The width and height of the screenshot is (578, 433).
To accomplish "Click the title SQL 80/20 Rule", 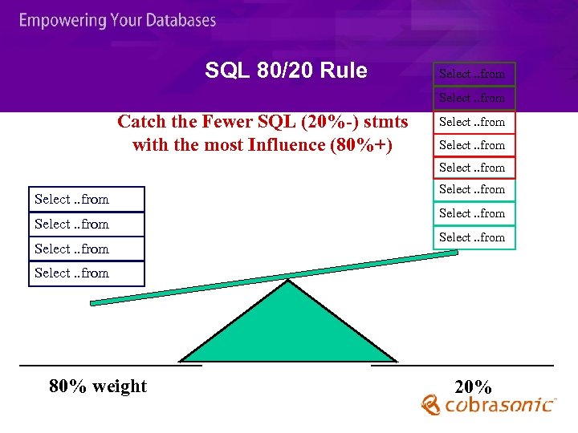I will [286, 71].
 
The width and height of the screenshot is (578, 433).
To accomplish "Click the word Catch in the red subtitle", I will [140, 122].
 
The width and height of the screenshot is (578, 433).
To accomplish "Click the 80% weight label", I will [98, 386].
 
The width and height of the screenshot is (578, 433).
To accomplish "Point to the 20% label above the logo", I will [473, 386].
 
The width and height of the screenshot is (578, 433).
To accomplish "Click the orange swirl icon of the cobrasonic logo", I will [432, 406].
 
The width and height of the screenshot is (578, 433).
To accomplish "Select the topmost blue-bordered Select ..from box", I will [86, 200].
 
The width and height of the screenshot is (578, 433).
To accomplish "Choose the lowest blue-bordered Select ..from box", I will [86, 273].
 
